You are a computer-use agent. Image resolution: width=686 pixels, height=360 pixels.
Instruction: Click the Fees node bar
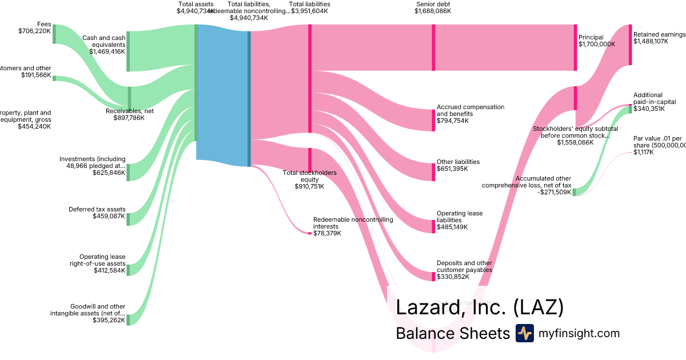(54, 34)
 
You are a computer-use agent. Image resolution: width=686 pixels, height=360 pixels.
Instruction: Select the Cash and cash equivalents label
(103, 41)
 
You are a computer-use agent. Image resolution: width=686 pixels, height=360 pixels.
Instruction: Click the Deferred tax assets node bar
(128, 219)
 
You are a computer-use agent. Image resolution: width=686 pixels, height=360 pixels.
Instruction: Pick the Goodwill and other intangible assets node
(128, 319)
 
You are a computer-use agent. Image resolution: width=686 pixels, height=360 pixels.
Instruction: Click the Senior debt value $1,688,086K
(433, 11)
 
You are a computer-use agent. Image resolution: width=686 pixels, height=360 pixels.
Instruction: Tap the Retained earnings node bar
(630, 45)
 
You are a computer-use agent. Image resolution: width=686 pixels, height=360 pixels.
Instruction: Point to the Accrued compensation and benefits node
(433, 120)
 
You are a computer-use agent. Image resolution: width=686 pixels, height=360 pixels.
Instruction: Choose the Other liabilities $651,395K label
(458, 165)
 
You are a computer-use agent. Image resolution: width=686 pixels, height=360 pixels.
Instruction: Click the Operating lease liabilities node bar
(433, 226)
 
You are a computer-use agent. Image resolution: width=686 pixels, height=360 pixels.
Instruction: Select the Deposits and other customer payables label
(464, 267)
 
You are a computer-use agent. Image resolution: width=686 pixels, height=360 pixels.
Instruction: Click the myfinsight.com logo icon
(524, 333)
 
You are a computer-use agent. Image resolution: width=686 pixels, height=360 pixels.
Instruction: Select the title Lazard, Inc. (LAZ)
(480, 307)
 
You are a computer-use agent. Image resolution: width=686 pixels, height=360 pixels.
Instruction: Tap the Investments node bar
(128, 172)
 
